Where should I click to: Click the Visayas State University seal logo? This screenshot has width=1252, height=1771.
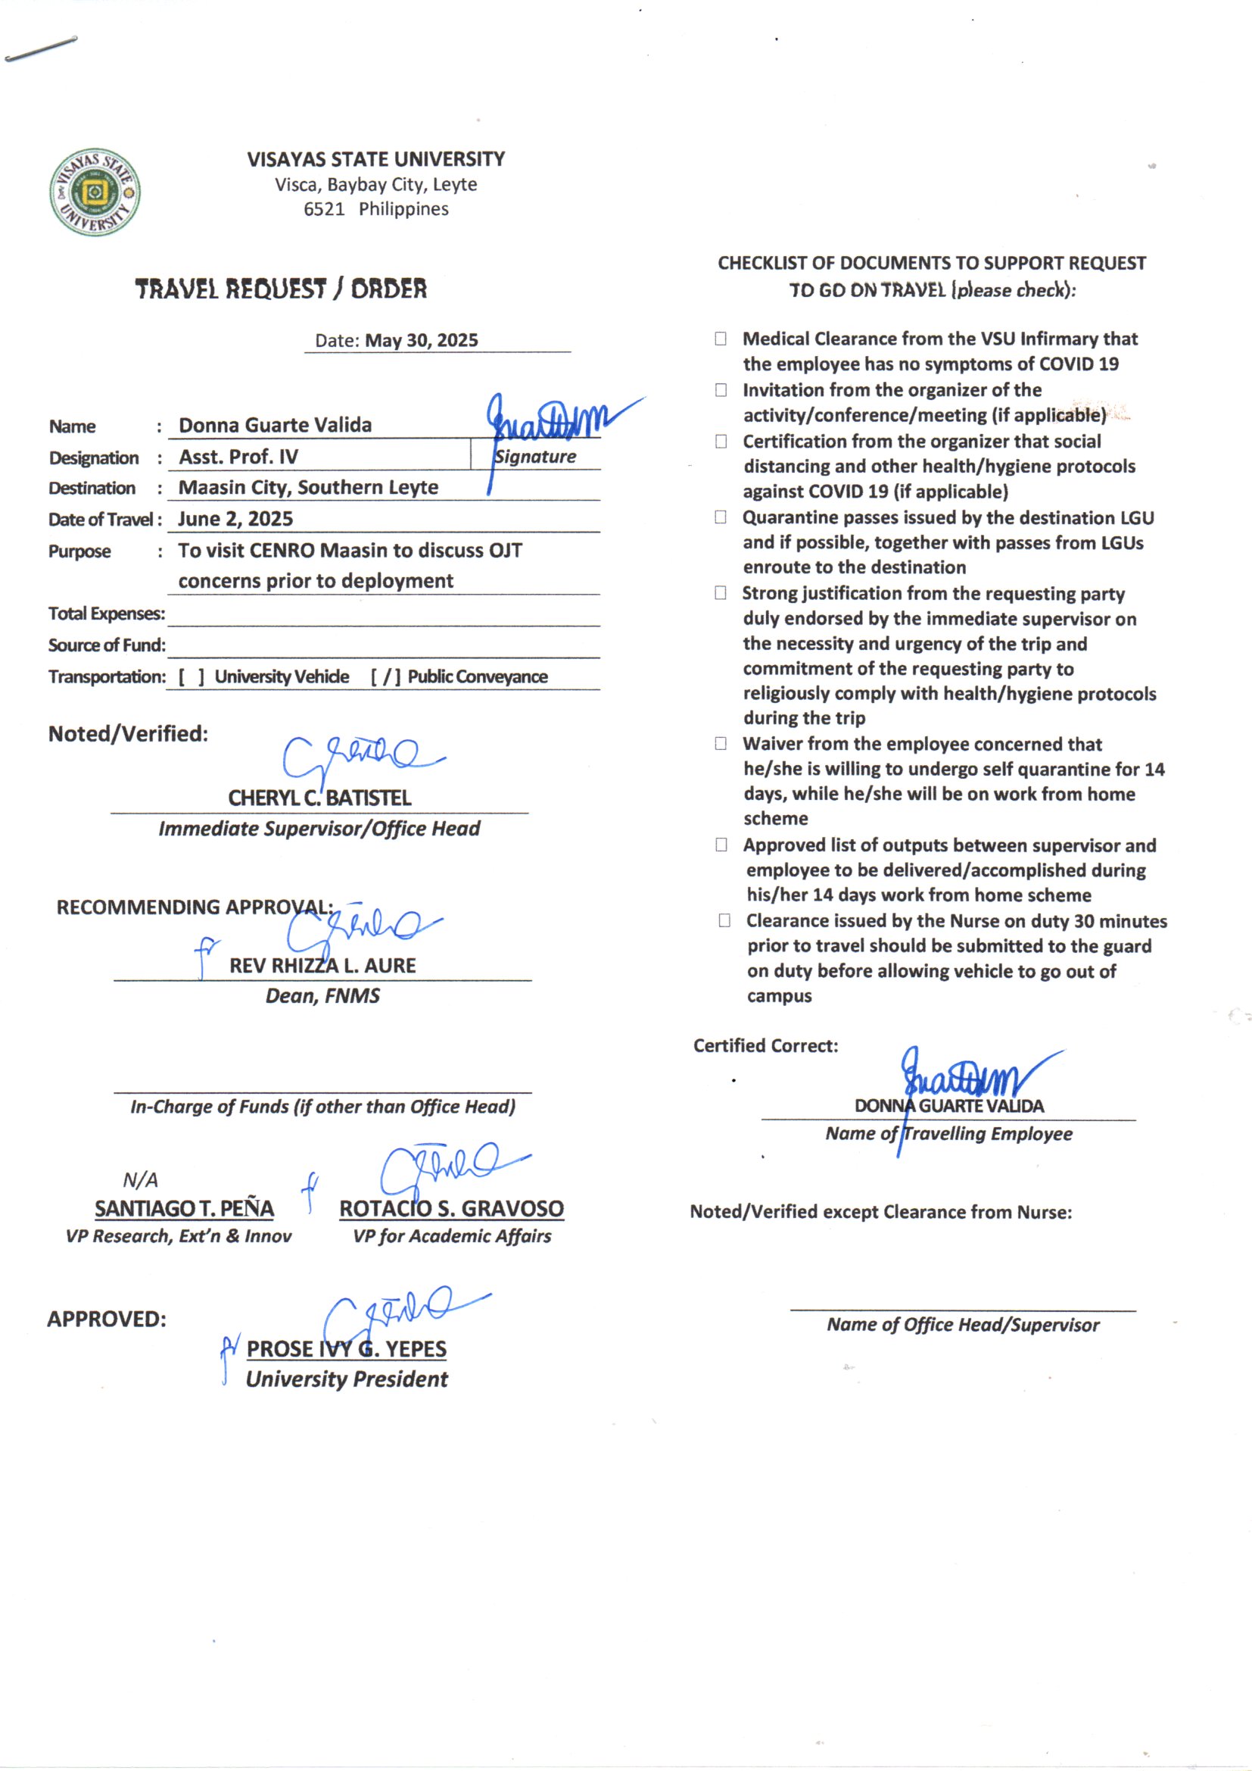95,192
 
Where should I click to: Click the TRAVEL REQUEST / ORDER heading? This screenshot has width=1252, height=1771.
281,289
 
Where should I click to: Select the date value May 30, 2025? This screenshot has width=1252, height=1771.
421,340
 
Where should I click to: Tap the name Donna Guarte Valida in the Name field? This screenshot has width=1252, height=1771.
276,425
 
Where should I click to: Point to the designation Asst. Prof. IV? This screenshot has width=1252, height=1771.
238,457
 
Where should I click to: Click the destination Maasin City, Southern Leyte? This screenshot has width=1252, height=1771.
308,488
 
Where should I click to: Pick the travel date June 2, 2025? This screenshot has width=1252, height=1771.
235,519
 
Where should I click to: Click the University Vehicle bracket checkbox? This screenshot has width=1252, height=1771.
192,676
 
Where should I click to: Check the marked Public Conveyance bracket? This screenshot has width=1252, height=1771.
385,676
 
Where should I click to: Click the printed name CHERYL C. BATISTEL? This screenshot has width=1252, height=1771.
319,798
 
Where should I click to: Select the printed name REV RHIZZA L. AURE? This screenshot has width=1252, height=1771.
322,966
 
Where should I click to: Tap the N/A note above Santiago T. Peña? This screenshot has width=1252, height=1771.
140,1179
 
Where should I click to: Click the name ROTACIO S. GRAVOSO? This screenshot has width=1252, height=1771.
452,1209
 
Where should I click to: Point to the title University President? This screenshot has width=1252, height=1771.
347,1379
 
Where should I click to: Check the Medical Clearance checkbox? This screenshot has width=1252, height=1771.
721,339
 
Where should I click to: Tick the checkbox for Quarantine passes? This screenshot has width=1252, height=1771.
721,517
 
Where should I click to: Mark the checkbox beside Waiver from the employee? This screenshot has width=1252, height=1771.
721,744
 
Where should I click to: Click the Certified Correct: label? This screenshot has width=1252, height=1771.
765,1045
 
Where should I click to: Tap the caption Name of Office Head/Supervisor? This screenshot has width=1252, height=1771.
963,1324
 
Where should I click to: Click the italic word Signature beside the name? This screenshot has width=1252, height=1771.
535,457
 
